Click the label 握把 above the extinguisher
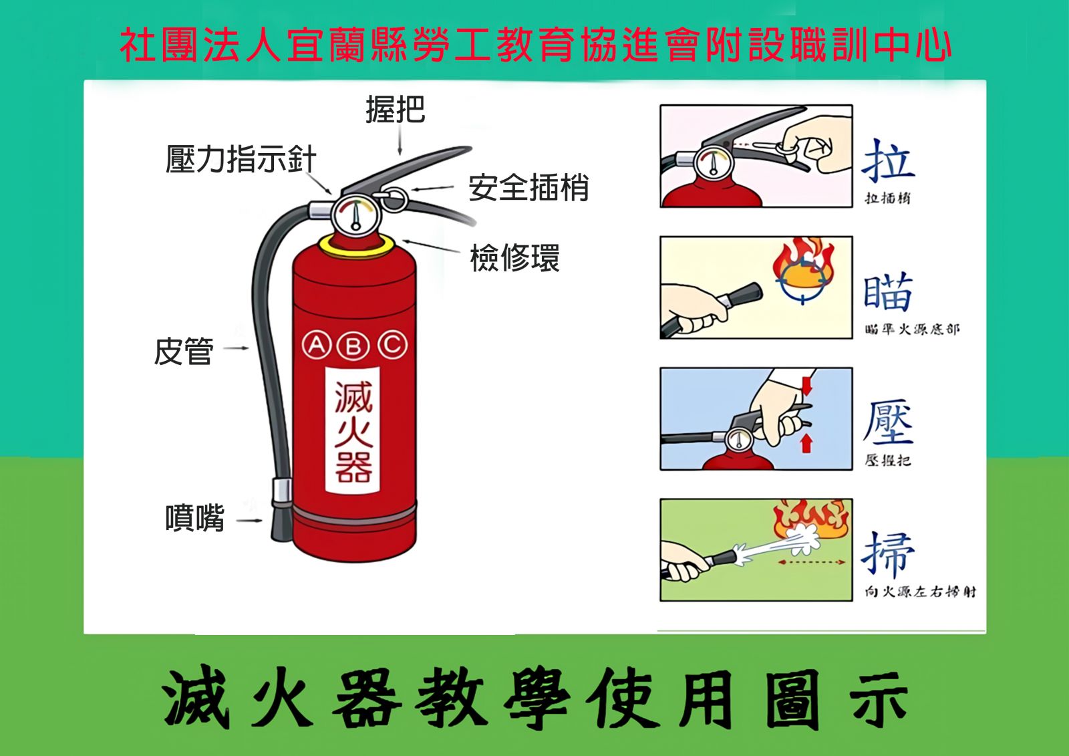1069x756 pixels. (x=395, y=109)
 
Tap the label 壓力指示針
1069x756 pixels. (x=241, y=158)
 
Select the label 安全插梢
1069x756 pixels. (x=528, y=187)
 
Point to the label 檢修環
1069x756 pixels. (x=515, y=258)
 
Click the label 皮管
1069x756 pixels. (x=183, y=351)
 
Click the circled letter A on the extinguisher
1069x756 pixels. (x=317, y=345)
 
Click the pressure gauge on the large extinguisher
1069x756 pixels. (x=355, y=216)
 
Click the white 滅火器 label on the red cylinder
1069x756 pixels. (x=353, y=430)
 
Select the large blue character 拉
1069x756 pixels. (x=888, y=160)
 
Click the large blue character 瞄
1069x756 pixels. (x=888, y=291)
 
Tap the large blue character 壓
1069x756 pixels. (x=888, y=422)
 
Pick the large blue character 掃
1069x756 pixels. (x=888, y=554)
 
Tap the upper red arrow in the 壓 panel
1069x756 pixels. (x=806, y=386)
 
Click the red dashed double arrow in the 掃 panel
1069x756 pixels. (x=812, y=562)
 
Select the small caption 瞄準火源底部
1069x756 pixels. (x=912, y=329)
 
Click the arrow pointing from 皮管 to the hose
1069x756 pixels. (x=237, y=348)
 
